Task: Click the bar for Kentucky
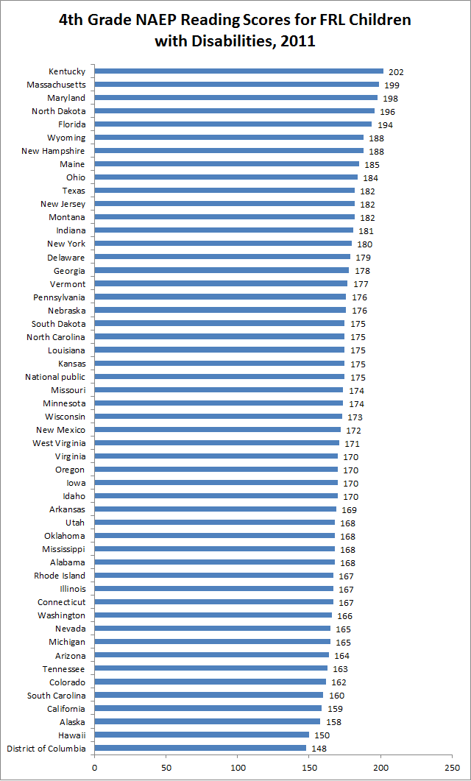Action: [x=239, y=71]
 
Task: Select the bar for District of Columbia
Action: [x=200, y=749]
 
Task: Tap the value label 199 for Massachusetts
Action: [x=392, y=85]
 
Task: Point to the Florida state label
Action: [x=72, y=124]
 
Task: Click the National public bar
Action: [x=219, y=377]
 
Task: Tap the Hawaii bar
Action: [x=202, y=735]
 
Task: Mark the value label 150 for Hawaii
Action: [x=322, y=735]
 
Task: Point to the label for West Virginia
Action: [x=59, y=443]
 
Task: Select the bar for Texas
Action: [x=224, y=191]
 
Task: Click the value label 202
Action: [x=396, y=72]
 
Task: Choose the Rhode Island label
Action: [x=60, y=576]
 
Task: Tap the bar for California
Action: [x=208, y=709]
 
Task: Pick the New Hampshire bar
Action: [x=229, y=151]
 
